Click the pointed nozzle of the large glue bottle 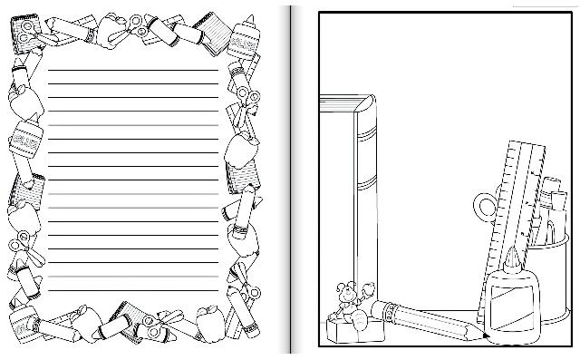509,257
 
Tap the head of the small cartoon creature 346,291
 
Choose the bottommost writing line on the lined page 133,290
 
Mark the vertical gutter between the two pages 291,181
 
